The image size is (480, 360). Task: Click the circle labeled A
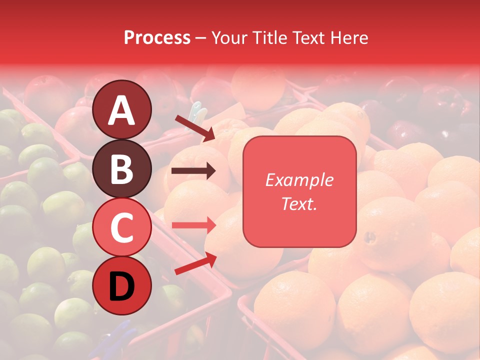(x=122, y=109)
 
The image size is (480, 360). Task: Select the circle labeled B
(x=122, y=168)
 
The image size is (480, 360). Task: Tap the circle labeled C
(x=122, y=227)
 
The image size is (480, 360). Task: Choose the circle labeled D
(x=122, y=285)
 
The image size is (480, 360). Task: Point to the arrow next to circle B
(x=193, y=171)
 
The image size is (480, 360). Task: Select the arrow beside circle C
(x=193, y=225)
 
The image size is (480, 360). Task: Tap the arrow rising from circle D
(x=195, y=263)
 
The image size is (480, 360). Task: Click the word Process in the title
(x=157, y=38)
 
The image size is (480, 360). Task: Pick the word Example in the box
(x=299, y=180)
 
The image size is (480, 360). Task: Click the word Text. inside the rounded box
(x=299, y=203)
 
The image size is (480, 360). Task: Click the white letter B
(x=122, y=168)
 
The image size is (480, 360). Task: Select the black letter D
(x=122, y=286)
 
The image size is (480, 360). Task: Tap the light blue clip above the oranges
(x=197, y=115)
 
